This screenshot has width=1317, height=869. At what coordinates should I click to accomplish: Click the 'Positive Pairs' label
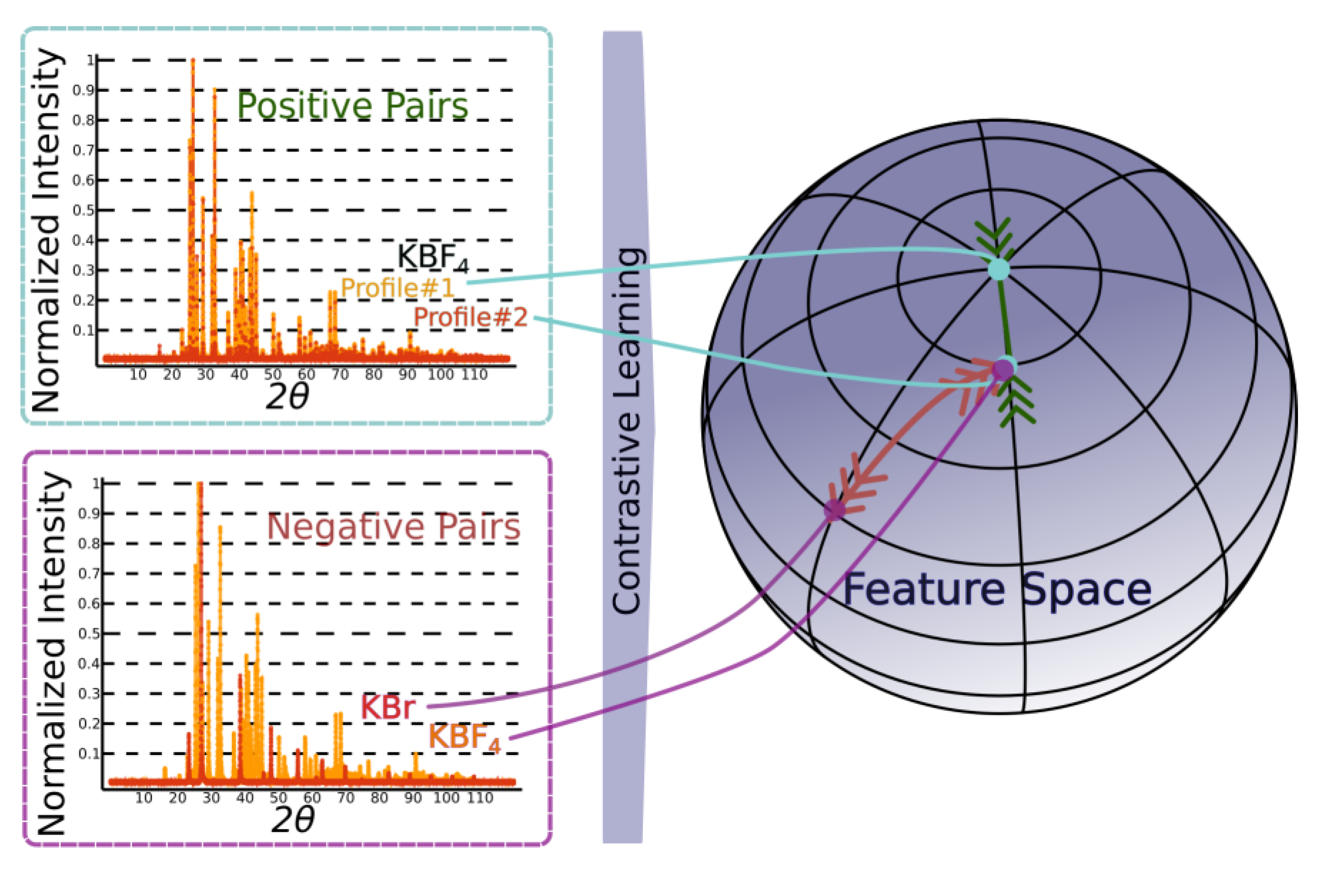coord(353,105)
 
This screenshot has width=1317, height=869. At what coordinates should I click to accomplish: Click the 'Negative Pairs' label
coord(393,526)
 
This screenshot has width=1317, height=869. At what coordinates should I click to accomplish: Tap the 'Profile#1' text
coord(397,287)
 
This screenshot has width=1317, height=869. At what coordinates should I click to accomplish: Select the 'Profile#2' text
coord(470,317)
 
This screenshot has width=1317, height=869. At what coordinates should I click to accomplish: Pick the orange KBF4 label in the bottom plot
coord(464,738)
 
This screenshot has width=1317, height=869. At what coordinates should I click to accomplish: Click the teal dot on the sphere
coord(999,270)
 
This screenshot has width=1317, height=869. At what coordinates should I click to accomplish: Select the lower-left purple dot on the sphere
coord(834,509)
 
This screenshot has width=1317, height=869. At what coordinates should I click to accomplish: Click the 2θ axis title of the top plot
coord(286,397)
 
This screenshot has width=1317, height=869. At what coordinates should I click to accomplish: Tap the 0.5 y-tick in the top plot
coord(83,210)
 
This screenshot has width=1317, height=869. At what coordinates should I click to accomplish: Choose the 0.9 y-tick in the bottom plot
coord(89,514)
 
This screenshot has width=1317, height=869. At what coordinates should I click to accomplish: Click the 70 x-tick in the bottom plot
coord(346,798)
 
